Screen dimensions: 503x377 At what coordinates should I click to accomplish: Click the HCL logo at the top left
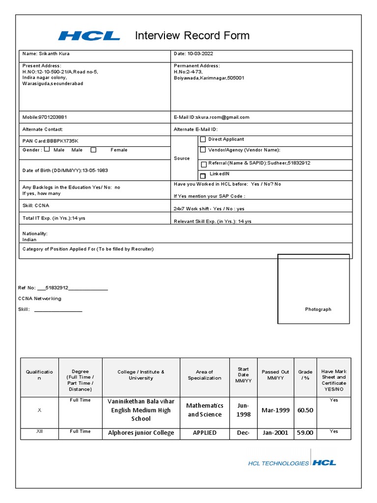click(x=89, y=35)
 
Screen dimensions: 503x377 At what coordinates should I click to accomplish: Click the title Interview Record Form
click(x=192, y=35)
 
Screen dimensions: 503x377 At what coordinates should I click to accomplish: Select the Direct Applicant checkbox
click(x=203, y=140)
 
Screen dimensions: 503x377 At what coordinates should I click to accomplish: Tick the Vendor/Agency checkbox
click(x=203, y=150)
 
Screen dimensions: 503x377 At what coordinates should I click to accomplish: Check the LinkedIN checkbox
click(x=203, y=176)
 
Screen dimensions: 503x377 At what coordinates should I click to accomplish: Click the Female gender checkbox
click(x=93, y=150)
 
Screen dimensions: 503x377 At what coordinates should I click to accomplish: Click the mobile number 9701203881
click(x=53, y=117)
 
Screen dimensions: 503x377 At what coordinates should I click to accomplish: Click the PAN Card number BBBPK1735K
click(x=62, y=141)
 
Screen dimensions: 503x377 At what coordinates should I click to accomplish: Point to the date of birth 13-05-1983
click(x=95, y=170)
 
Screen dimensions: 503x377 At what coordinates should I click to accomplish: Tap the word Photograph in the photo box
click(x=318, y=309)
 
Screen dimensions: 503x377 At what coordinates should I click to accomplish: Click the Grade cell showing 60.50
click(x=305, y=410)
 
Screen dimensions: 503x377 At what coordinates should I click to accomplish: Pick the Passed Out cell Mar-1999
click(x=275, y=410)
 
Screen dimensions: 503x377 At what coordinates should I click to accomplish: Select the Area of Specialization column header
click(x=204, y=375)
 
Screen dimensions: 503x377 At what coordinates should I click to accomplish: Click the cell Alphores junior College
click(x=141, y=433)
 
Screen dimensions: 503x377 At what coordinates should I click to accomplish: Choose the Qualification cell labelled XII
click(x=40, y=431)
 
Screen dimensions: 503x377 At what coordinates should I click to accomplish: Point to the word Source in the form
click(x=182, y=159)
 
